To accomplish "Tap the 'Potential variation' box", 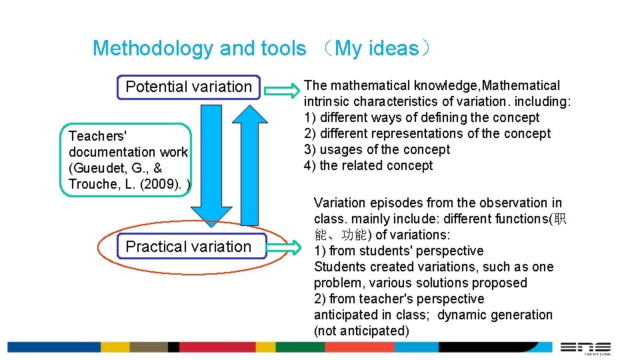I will point(189,87).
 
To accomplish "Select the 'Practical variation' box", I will point(189,247).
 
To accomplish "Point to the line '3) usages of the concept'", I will point(377,150).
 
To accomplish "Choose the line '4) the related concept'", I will point(368,166).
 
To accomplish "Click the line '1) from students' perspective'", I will point(399,251).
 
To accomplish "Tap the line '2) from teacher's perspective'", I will point(399,299).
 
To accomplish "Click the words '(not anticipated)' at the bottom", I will point(361,331).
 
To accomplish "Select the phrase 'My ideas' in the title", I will point(377,49).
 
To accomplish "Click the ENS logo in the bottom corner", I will point(585,347).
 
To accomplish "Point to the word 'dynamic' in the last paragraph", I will point(462,315).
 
